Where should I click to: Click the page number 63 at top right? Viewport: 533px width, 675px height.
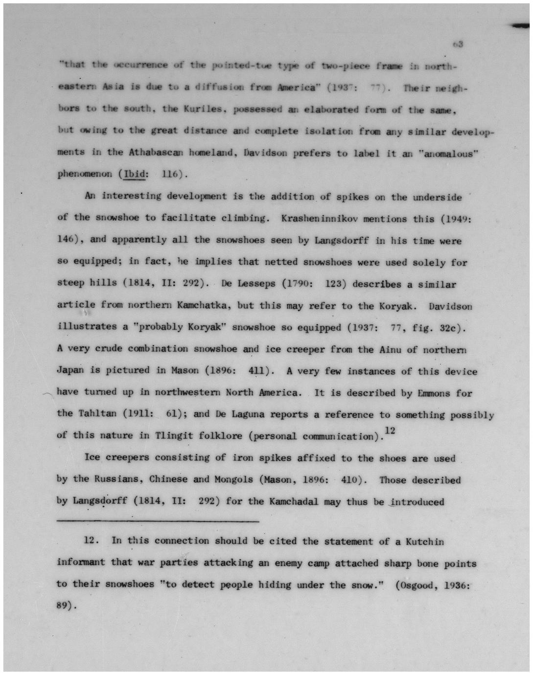coord(458,45)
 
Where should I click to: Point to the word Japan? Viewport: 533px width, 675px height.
coord(70,370)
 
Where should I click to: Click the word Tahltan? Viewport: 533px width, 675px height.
coord(97,414)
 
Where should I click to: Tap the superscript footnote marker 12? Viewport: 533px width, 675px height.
coord(390,430)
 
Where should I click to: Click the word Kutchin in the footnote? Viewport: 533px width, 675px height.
coord(425,541)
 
